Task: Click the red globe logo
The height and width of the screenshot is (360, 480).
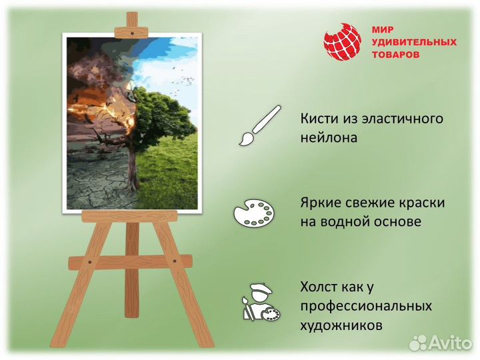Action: coord(342,42)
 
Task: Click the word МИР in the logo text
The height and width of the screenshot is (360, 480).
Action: coord(381,30)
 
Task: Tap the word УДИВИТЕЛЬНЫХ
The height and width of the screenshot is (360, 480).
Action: coord(413,42)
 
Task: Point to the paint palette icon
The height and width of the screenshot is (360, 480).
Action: coord(253,214)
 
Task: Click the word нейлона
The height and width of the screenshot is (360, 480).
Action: coord(329,138)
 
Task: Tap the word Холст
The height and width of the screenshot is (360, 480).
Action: coord(317,287)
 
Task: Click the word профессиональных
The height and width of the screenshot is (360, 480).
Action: coord(366,307)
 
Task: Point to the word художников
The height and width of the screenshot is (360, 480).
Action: coord(341,326)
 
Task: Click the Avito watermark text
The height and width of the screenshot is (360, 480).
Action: coord(451,343)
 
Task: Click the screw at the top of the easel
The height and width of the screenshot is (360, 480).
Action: coord(132,31)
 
